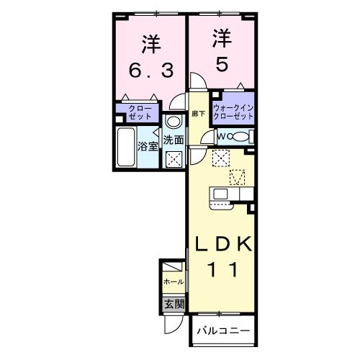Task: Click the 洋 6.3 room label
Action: (x=149, y=58)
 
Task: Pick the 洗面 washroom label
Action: (x=172, y=140)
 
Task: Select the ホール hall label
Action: (x=174, y=282)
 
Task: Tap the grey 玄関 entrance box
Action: (x=174, y=304)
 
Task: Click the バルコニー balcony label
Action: (x=224, y=332)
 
